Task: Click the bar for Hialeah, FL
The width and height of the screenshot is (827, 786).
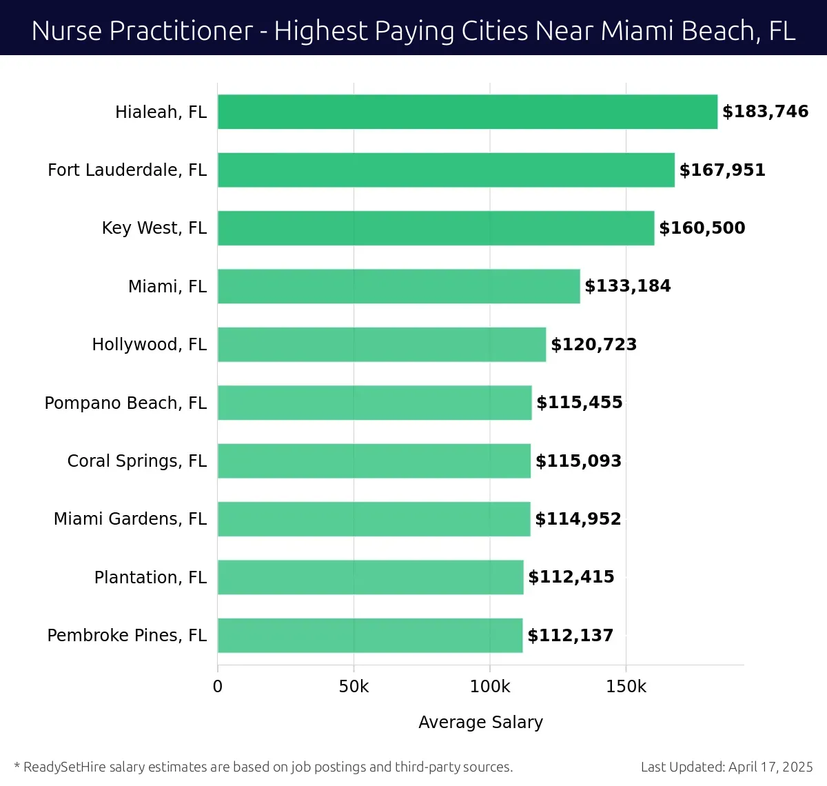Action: coord(467,112)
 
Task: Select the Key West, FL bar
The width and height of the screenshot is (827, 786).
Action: coord(436,228)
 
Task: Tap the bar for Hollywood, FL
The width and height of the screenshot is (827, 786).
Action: coord(382,345)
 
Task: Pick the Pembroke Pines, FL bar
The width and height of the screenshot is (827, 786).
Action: coord(370,636)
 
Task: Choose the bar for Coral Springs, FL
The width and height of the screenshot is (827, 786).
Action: coord(374,461)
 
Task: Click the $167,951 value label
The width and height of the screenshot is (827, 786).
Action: coord(722,170)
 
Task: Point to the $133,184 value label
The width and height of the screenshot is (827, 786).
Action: coord(628,286)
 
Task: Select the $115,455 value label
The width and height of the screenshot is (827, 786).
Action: coord(580,403)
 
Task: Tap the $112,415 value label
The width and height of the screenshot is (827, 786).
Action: coord(571,577)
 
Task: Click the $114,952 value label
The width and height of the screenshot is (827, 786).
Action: coord(578,519)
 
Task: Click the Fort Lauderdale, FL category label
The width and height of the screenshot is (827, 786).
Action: coord(127,170)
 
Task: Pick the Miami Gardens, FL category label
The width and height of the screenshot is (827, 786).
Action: coord(130,519)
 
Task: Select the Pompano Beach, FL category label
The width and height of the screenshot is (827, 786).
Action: coord(125,403)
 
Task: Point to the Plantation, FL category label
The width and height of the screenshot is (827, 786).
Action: coord(150,577)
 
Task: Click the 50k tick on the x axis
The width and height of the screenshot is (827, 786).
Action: coord(354,687)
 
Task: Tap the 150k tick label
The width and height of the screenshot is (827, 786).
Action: coord(626,687)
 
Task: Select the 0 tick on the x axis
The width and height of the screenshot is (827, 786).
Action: coord(218,687)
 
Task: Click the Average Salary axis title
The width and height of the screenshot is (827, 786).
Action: coord(480,722)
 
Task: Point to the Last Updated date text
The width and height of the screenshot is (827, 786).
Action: coord(726,767)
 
